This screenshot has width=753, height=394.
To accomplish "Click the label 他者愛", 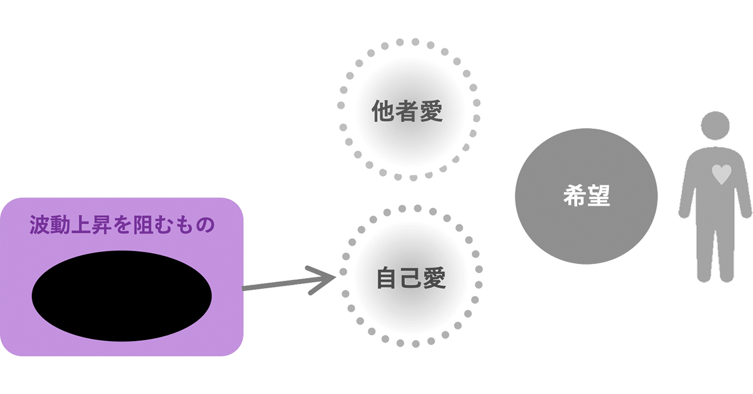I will pyautogui.click(x=407, y=111).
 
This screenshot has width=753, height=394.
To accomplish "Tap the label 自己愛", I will pyautogui.click(x=411, y=278).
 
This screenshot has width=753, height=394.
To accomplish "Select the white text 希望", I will pyautogui.click(x=586, y=196).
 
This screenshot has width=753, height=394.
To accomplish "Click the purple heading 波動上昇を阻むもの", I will pyautogui.click(x=122, y=225).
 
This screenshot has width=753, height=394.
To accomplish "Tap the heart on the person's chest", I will pyautogui.click(x=721, y=175).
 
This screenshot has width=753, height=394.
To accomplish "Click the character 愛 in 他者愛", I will pyautogui.click(x=431, y=111).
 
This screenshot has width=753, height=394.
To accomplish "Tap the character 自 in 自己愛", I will pyautogui.click(x=388, y=278).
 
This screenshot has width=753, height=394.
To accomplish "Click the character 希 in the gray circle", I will pyautogui.click(x=574, y=196).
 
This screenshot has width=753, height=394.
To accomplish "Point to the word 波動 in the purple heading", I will pyautogui.click(x=49, y=225).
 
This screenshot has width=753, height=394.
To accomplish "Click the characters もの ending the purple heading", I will pyautogui.click(x=195, y=225).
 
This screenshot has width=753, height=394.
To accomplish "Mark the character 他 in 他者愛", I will pyautogui.click(x=384, y=111).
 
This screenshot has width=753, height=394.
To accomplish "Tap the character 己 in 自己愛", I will pyautogui.click(x=411, y=278).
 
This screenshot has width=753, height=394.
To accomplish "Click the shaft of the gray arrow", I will pyautogui.click(x=276, y=285).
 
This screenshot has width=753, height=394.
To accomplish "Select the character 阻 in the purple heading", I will pyautogui.click(x=142, y=225).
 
